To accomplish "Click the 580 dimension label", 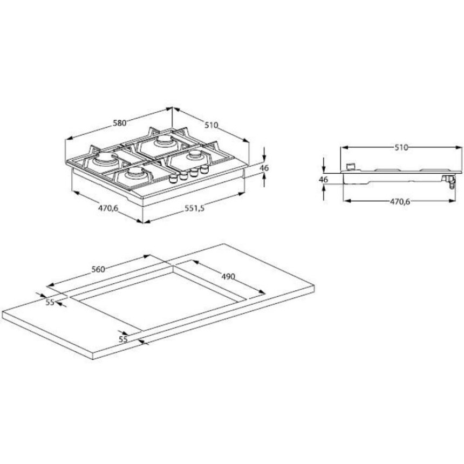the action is click(120, 123).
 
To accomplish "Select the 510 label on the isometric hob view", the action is click(211, 125).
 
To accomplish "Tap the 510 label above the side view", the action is click(401, 147).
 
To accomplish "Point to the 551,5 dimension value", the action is click(194, 208).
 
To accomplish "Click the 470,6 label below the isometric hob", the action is click(108, 208).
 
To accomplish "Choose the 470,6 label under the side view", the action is click(400, 202).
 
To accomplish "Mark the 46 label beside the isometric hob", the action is click(264, 168).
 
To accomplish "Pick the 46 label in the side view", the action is click(323, 179).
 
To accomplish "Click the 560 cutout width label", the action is click(98, 269).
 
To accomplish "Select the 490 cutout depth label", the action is click(228, 277).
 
